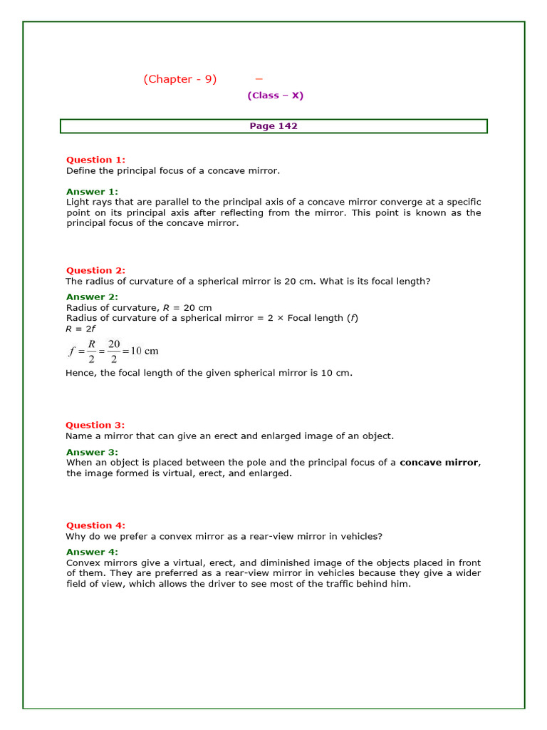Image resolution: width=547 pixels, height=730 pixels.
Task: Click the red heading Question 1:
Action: tap(95, 160)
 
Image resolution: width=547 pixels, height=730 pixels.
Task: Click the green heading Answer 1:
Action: tap(92, 192)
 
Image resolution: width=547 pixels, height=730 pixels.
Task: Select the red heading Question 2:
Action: tap(95, 270)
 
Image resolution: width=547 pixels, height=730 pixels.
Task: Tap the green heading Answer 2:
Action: tap(92, 297)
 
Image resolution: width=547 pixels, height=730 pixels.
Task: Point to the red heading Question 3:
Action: tap(95, 425)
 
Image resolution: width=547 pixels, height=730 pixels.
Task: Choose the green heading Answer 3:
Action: tap(92, 452)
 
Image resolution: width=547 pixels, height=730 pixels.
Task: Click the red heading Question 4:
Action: tap(95, 525)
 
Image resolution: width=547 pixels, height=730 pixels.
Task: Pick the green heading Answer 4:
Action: tap(92, 552)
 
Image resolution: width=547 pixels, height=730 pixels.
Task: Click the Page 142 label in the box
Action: tap(273, 126)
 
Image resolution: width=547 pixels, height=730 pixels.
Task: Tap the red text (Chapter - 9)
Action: tap(179, 79)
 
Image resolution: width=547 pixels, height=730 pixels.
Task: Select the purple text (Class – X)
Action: tap(276, 96)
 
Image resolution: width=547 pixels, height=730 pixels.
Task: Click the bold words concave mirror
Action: tap(439, 463)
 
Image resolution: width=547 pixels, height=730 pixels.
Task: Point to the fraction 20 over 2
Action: tap(114, 351)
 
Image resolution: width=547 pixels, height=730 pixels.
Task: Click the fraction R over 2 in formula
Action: tap(92, 351)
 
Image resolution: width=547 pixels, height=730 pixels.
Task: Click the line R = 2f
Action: tap(76, 329)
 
